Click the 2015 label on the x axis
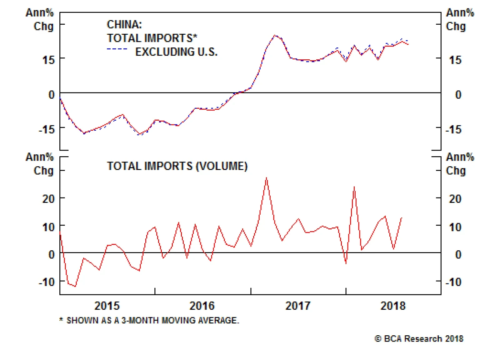pos(107,306)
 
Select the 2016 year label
pos(202,306)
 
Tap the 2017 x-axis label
pos(298,306)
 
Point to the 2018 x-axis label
pos(393,306)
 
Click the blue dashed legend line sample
pos(117,49)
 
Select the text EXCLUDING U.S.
pos(176,52)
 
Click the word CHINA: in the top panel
pos(124,24)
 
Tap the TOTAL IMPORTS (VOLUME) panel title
pos(177,166)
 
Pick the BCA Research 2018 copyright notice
pos(419,339)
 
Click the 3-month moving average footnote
pos(149,320)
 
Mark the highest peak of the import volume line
pos(266,178)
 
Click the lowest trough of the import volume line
pos(75,286)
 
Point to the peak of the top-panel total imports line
pos(275,35)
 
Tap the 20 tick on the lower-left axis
pos(48,199)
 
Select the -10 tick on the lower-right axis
pos(453,282)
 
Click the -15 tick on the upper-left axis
pos(47,129)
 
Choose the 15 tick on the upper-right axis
pos(455,60)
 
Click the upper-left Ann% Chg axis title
pos(40,19)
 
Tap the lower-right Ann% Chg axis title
pos(460,164)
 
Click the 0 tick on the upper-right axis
pos(458,95)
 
